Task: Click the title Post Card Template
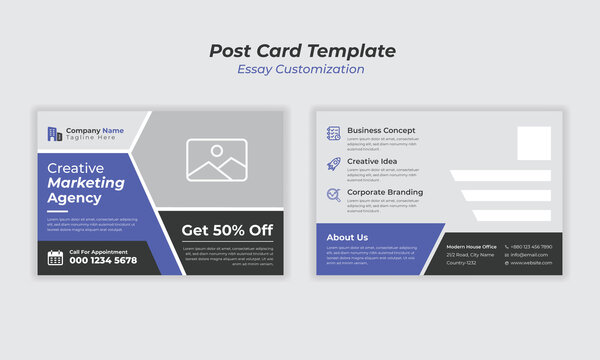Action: click(x=302, y=51)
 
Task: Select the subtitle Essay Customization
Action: click(x=301, y=70)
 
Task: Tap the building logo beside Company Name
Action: click(x=54, y=133)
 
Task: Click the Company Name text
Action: click(x=95, y=130)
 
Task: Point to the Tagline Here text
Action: click(x=92, y=139)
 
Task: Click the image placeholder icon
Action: click(x=218, y=159)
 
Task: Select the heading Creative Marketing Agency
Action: click(x=87, y=183)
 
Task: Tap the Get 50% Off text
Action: click(x=227, y=230)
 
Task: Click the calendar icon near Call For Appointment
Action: click(x=56, y=257)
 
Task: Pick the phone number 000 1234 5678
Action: click(x=103, y=260)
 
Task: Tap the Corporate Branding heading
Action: click(x=385, y=192)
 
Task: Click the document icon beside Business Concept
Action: click(x=333, y=132)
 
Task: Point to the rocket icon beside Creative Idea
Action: click(x=333, y=162)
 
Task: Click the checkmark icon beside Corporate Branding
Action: click(x=333, y=194)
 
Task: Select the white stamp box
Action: click(x=534, y=143)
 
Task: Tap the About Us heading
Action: click(x=348, y=238)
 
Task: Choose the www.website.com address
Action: click(x=532, y=263)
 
